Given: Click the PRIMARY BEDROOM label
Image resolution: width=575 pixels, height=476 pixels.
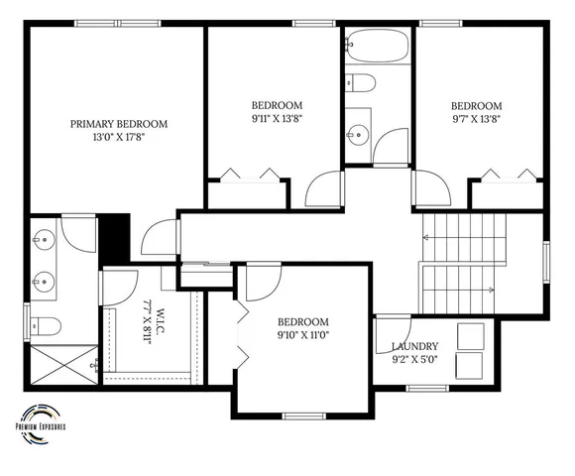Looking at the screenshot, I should point(118,124).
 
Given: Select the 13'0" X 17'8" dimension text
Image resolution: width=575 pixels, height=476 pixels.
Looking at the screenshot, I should point(118,138).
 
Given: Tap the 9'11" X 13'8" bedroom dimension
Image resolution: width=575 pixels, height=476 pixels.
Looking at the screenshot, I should point(276,118).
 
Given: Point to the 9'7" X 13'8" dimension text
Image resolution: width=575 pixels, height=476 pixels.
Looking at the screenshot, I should point(476,119).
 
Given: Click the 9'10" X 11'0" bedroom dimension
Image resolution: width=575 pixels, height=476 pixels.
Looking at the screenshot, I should point(302,336).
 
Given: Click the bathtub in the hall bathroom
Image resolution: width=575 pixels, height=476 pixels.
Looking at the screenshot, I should point(376,46).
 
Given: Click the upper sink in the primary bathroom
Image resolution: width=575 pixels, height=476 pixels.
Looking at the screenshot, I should point(42,239).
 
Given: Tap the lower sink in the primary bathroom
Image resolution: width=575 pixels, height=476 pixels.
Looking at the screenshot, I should point(42,279).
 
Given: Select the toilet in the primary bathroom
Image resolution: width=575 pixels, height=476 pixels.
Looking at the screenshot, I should point(47,324).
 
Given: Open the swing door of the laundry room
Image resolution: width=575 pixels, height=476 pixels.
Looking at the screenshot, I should point(394,327).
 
